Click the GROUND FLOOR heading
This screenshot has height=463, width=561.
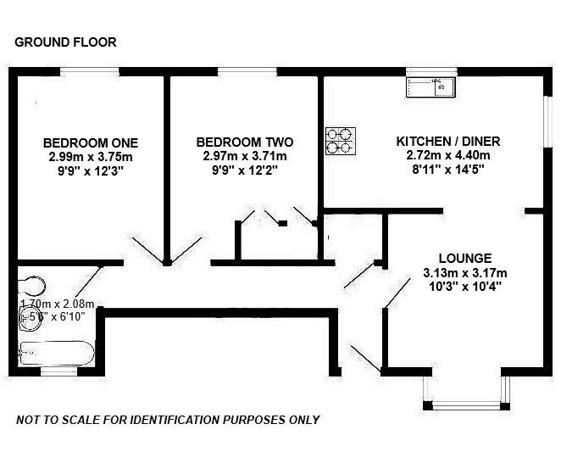(x=66, y=42)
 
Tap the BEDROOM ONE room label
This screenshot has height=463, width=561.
(x=91, y=142)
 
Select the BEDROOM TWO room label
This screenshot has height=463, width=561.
(x=245, y=142)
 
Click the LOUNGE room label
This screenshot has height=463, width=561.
(x=465, y=258)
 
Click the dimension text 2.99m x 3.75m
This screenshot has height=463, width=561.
(x=91, y=156)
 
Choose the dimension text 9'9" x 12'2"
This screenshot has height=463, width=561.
(x=245, y=170)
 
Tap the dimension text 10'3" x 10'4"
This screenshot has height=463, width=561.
(x=465, y=287)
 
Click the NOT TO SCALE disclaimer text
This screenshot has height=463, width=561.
(x=168, y=420)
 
